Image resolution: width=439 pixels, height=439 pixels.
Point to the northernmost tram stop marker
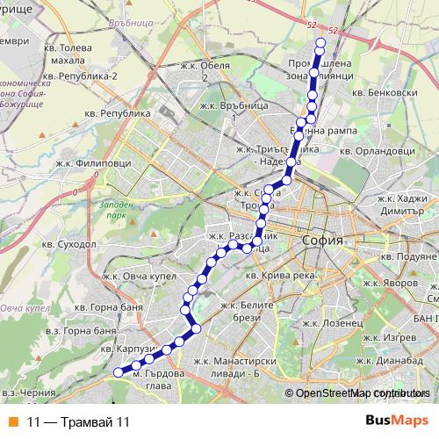point(320,43)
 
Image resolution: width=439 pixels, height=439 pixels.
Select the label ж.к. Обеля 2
point(205,71)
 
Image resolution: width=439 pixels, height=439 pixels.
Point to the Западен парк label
point(118,209)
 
